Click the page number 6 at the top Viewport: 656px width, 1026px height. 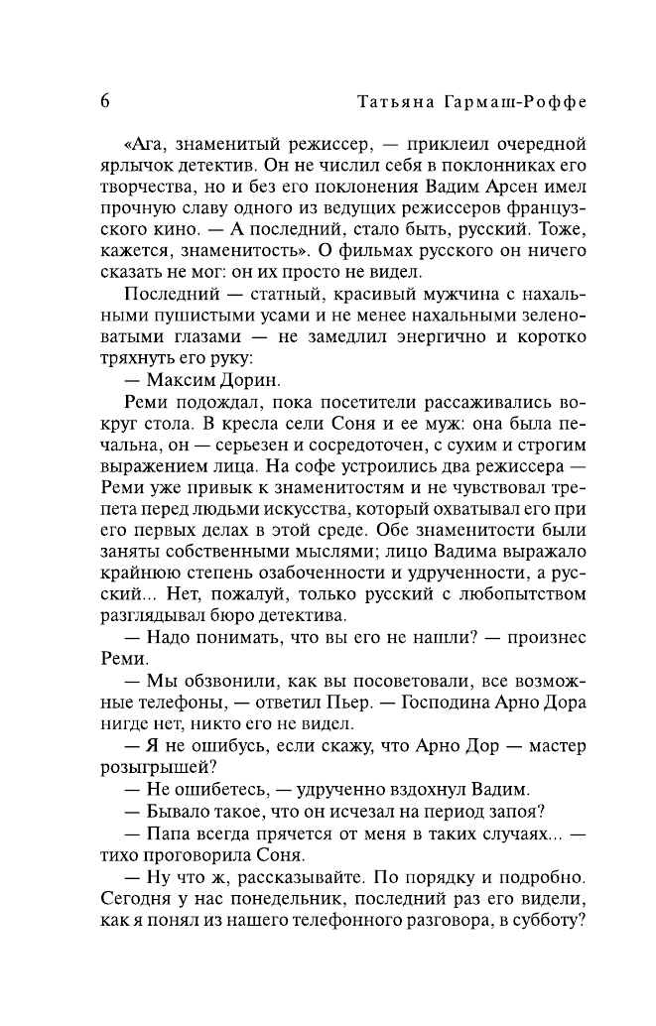click(105, 102)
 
